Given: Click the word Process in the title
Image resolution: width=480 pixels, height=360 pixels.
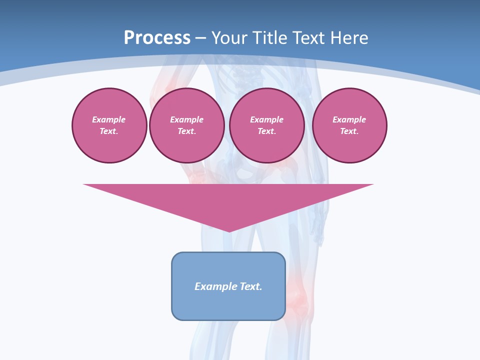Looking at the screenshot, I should [157, 38].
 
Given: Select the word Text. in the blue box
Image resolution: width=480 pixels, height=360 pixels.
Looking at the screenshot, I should [251, 286].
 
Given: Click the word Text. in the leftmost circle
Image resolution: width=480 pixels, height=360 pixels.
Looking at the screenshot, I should [109, 131].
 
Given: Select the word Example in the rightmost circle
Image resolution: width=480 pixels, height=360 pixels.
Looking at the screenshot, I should [349, 119].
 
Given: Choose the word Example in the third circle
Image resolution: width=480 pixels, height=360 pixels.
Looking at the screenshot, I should [266, 119].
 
